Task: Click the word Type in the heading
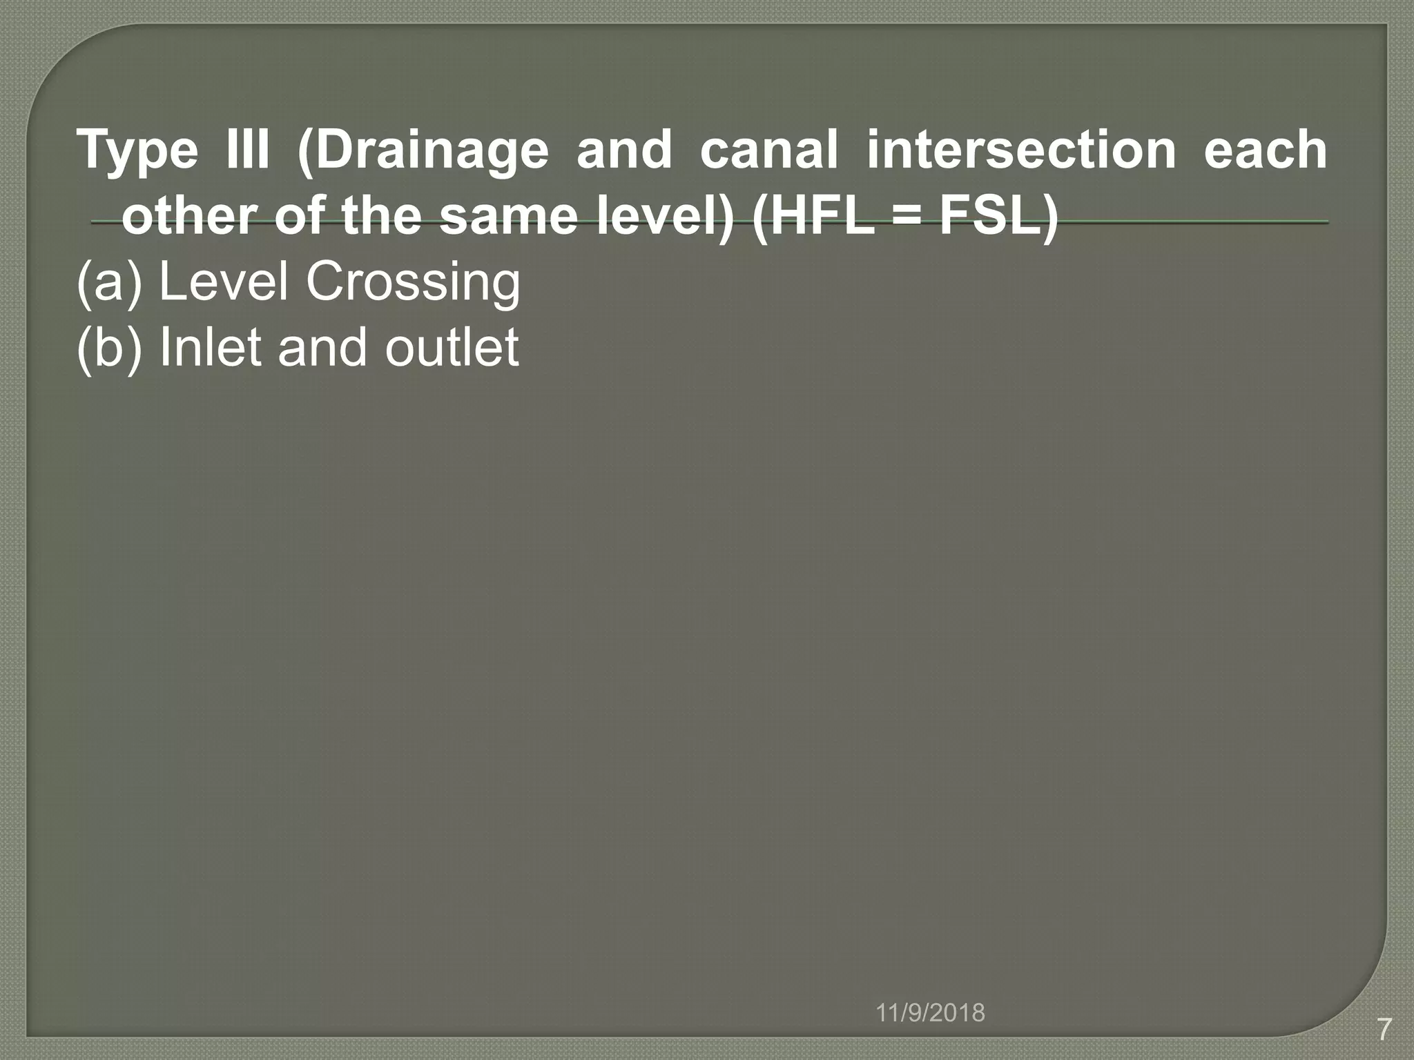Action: pos(137,150)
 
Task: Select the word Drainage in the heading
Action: pos(423,150)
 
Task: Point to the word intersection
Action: pos(1021,149)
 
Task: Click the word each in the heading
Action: pos(1265,149)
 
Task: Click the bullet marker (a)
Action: pos(109,282)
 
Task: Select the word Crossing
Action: pos(413,283)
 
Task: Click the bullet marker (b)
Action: pos(109,347)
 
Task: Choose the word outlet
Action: pos(452,346)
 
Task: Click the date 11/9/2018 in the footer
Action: pos(930,1013)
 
